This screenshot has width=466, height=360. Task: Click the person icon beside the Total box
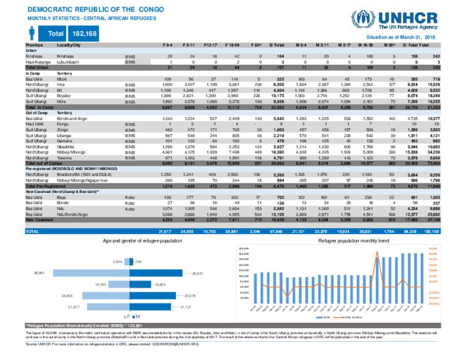pos(32,33)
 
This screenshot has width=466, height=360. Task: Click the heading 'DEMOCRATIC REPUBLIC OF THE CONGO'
pos(96,10)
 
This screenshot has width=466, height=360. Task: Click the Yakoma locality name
pos(64,157)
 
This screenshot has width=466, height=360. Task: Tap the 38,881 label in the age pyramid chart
pos(39,273)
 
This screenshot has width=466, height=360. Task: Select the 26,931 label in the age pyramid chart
pos(197,273)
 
